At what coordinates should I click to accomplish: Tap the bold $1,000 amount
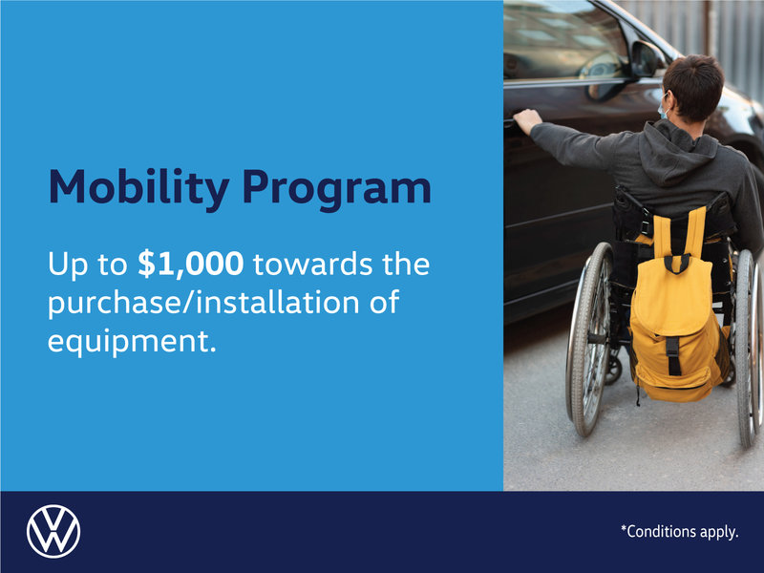[190, 265]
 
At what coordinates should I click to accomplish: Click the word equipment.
[126, 340]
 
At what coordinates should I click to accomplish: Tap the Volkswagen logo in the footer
[53, 532]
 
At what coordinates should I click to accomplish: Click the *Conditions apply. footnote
[679, 532]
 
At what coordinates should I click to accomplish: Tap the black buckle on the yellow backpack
[673, 354]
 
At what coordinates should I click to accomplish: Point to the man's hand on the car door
[527, 119]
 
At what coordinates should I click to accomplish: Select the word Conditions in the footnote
[665, 532]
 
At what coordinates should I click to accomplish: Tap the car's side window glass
[563, 43]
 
